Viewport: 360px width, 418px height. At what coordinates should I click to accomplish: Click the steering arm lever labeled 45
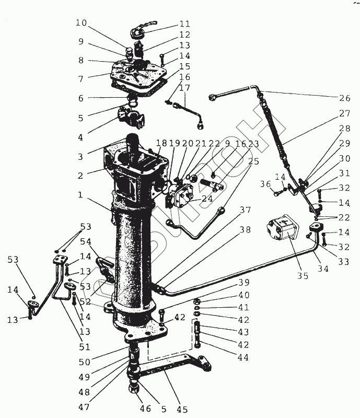click(x=172, y=373)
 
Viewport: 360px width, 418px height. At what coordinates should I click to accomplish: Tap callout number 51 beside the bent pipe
click(x=85, y=347)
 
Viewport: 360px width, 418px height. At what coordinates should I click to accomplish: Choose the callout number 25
click(x=253, y=161)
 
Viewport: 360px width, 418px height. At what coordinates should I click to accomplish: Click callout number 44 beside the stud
click(x=242, y=358)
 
